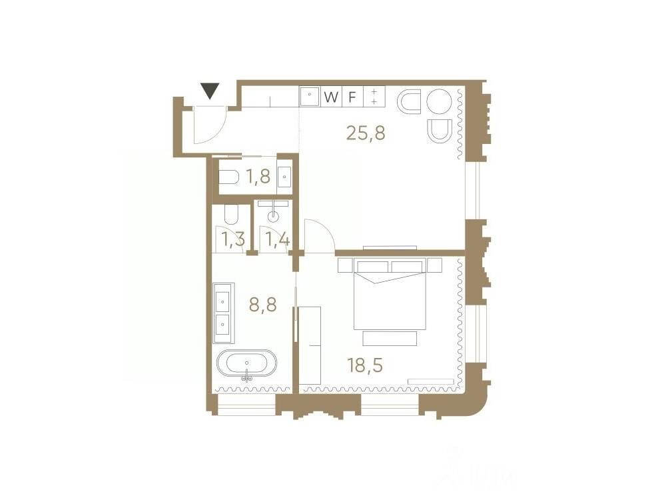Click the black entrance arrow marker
coord(210,91)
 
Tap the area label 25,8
coord(366,133)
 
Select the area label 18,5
coord(365,365)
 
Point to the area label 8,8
coord(263,305)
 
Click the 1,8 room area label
coord(258,175)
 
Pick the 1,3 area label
coord(234,239)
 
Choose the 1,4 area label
coord(277,239)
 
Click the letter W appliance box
coord(331,97)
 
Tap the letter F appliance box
coord(352,97)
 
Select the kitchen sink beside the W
coord(310,97)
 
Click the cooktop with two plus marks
coord(374,97)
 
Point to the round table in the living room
coord(439,103)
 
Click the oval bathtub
coord(246,365)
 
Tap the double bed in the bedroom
coord(390,294)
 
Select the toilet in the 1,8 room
coord(228,177)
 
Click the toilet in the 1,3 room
coord(232,215)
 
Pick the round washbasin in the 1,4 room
coord(274,217)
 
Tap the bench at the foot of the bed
coord(390,339)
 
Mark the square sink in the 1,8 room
coord(284,175)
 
